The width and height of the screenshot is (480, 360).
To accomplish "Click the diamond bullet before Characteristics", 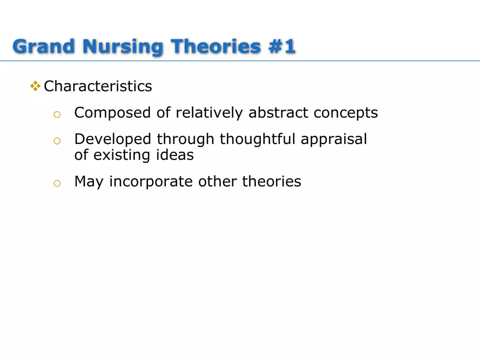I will pos(35,86).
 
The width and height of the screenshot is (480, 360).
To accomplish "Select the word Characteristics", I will pos(98,86).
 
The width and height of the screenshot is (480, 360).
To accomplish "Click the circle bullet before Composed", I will pos(56,114).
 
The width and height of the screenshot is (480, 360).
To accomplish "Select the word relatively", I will pos(210,113).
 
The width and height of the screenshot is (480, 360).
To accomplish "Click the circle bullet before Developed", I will pos(56,141).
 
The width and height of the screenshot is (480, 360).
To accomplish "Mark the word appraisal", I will pos(334,140).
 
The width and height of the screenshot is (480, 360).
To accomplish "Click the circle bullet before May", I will pos(56,183).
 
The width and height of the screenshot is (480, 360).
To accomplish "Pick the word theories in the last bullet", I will pos(272,181).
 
